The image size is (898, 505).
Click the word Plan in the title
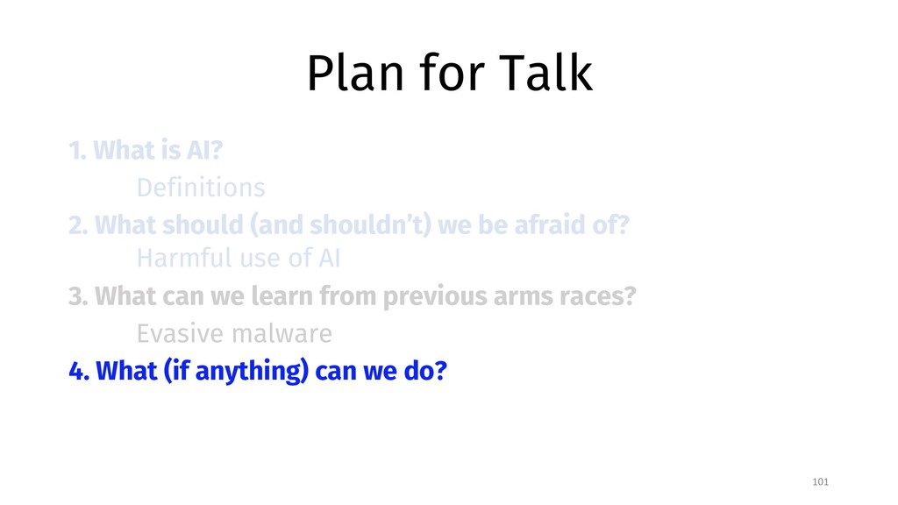356,73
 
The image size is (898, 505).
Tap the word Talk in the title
545,73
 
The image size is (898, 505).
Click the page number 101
820,481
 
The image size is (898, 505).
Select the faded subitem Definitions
201,188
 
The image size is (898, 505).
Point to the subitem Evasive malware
233,333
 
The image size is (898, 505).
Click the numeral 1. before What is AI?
77,150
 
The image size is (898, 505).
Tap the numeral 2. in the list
78,225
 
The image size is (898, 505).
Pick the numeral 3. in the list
78,296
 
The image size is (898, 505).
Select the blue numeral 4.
79,371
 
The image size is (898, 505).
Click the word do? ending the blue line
425,371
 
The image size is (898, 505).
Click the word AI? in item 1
204,150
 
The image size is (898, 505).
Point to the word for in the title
452,73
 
